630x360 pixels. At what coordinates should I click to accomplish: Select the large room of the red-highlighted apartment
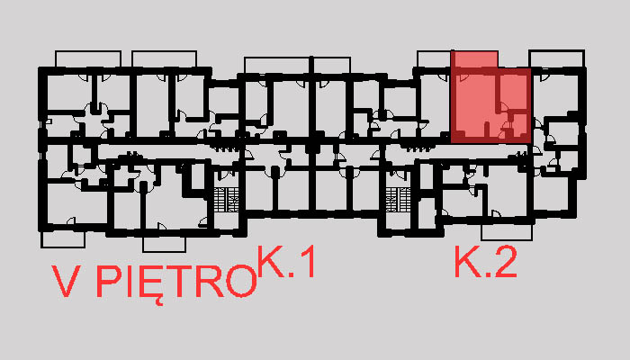coord(473,103)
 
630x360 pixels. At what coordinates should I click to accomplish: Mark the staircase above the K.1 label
coord(226,200)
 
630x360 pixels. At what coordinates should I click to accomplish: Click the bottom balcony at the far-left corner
coord(63,238)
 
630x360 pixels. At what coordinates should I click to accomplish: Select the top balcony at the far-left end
coord(85,58)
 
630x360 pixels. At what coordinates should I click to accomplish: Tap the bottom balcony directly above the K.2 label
coord(507,233)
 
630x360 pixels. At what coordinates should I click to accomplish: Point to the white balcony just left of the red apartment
coord(432,58)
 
